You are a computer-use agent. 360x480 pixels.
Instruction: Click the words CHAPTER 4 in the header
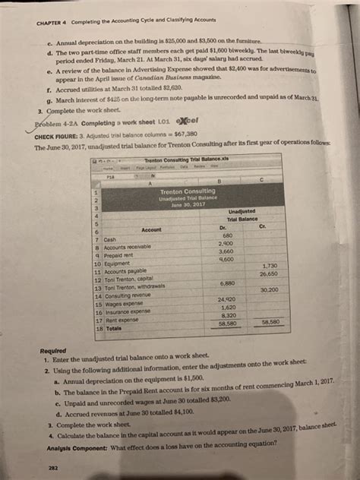coord(52,21)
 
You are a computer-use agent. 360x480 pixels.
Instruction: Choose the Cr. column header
coord(264,227)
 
